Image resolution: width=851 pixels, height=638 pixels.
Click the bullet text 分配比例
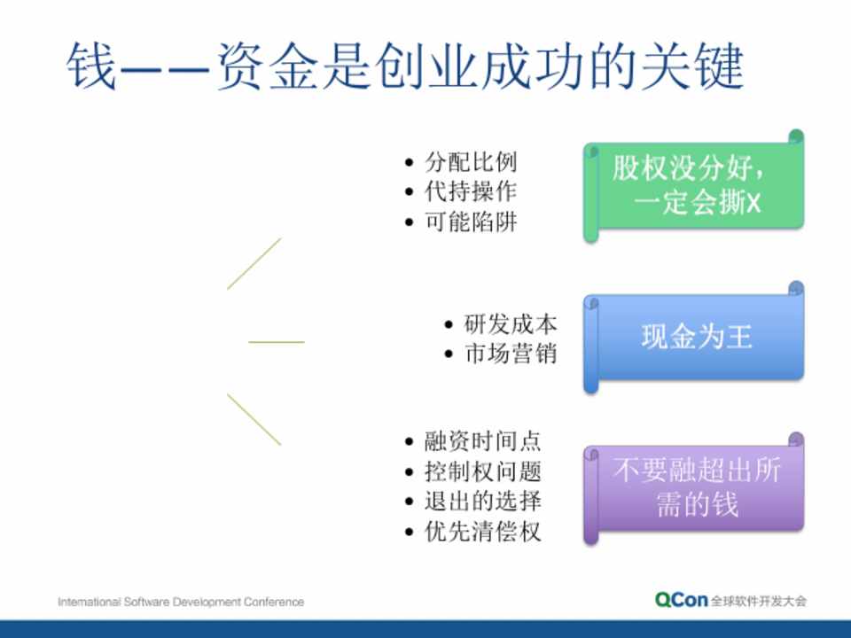coord(471,161)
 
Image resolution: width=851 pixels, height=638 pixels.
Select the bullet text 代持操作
coord(471,191)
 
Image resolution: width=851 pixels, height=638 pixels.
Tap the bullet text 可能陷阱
coord(471,222)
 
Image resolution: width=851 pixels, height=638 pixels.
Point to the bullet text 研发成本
coord(511,324)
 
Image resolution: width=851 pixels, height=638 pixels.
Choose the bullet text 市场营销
coord(511,354)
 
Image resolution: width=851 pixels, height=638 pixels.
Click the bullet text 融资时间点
coord(482,441)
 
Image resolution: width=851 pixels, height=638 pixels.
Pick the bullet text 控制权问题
coord(482,471)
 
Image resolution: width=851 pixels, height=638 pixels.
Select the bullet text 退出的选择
coord(482,501)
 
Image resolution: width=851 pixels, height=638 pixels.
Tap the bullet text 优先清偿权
coord(482,531)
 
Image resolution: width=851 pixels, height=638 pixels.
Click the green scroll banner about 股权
coord(693,185)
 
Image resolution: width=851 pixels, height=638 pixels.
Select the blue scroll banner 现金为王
coord(693,337)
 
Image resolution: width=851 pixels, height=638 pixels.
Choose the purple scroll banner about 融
coord(693,488)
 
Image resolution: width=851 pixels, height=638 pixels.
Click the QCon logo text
coord(681,600)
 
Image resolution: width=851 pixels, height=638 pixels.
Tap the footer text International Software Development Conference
coord(181,602)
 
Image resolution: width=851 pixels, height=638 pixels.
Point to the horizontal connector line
coord(277,342)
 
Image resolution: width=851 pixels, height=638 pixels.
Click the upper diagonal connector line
coord(254,264)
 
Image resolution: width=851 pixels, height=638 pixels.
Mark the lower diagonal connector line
coord(254,419)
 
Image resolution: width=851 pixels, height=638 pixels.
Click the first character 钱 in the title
coord(90,66)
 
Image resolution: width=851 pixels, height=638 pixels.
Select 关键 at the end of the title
coord(692,66)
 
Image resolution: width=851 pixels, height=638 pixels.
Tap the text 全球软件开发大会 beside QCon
coord(759,601)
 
